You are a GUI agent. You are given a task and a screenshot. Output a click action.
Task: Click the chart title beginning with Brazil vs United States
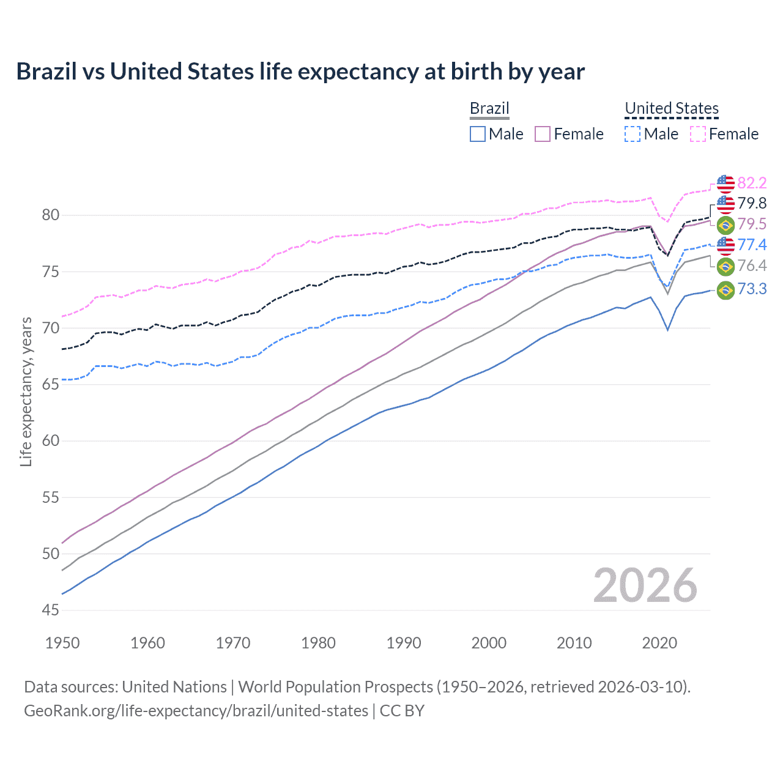click(300, 72)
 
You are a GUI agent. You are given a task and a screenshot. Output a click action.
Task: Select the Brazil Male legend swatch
click(478, 134)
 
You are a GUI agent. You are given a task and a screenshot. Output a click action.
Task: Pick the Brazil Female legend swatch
click(543, 134)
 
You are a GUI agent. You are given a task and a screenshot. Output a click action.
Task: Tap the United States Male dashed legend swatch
click(633, 134)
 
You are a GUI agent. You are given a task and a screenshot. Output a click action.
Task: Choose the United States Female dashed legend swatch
click(698, 134)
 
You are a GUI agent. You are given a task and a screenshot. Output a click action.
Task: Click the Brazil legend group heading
click(489, 108)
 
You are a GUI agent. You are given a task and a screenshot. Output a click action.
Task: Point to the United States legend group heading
click(671, 108)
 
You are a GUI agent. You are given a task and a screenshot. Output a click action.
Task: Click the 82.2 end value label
click(752, 183)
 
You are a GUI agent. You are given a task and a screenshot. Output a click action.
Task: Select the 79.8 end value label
click(752, 203)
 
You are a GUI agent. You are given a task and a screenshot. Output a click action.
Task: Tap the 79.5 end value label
click(752, 224)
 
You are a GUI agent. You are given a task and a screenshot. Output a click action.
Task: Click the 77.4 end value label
click(752, 245)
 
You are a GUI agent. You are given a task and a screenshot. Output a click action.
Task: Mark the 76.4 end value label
click(752, 265)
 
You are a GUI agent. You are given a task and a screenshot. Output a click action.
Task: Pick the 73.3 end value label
click(752, 289)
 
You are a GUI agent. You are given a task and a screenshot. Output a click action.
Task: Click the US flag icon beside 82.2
click(725, 183)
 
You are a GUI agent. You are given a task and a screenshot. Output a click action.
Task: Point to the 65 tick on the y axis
click(51, 384)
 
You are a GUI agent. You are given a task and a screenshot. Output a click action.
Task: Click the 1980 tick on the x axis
click(318, 643)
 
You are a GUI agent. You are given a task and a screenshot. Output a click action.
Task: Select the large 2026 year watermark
click(645, 586)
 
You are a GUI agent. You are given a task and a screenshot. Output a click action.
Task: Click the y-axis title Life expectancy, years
click(26, 391)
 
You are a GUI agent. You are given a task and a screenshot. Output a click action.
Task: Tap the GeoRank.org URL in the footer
click(196, 711)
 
